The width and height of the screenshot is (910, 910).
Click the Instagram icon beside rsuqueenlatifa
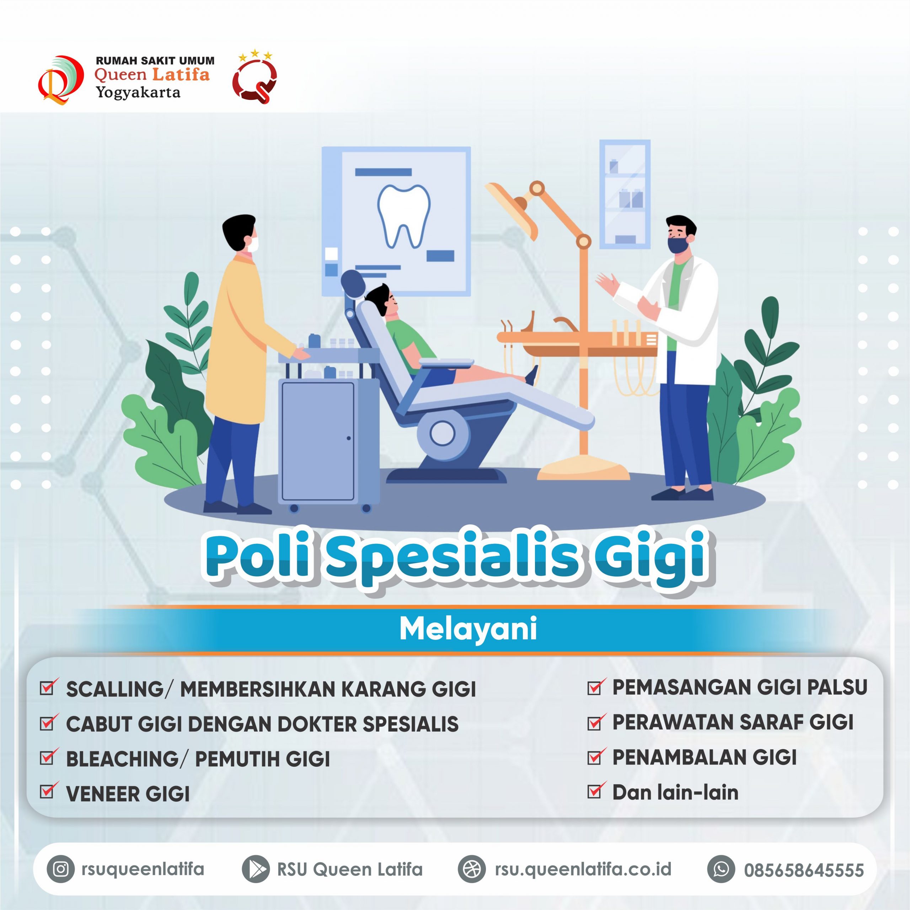coord(61,869)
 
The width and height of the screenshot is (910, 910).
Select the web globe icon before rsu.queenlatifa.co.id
coord(471,869)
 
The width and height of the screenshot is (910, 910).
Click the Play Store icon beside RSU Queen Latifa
coord(256,869)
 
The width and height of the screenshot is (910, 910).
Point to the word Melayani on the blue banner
coord(468,629)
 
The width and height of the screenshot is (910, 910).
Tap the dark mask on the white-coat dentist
coord(677,245)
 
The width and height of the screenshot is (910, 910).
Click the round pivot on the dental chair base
coord(442,433)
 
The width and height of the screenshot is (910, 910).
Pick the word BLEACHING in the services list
coord(122,759)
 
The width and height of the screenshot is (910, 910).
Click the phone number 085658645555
coord(804,870)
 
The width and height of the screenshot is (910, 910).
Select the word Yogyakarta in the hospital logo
coord(138,92)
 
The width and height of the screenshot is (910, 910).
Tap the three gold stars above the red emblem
coord(255,55)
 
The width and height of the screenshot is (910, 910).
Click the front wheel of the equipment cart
coord(294,508)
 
